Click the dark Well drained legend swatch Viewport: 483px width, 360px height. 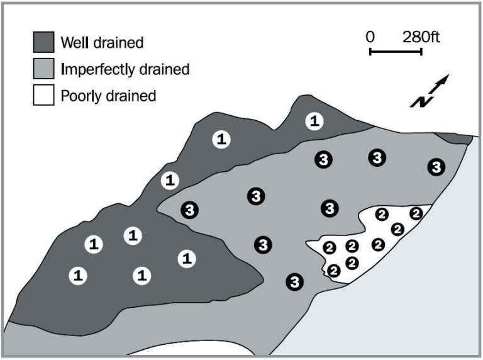coord(44,42)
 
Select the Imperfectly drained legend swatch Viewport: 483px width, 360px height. coord(44,69)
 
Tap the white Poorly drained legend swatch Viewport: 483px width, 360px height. coord(44,96)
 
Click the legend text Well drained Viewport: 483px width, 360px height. coord(102,43)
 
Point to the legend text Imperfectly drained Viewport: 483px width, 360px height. coord(125,69)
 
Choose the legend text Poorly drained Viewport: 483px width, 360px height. coord(108,96)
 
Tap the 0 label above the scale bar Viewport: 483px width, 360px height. coord(370,37)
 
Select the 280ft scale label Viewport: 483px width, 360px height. coord(421,37)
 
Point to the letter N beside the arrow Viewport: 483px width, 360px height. coord(418,101)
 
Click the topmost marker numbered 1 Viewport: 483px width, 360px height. coord(314,121)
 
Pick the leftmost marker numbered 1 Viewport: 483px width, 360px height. coord(78,275)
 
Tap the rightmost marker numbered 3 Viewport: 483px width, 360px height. coord(436,167)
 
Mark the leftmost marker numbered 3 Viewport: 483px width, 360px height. coord(189,210)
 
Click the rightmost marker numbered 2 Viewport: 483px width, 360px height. coord(416,213)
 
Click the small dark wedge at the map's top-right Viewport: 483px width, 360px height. coord(453,137)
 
